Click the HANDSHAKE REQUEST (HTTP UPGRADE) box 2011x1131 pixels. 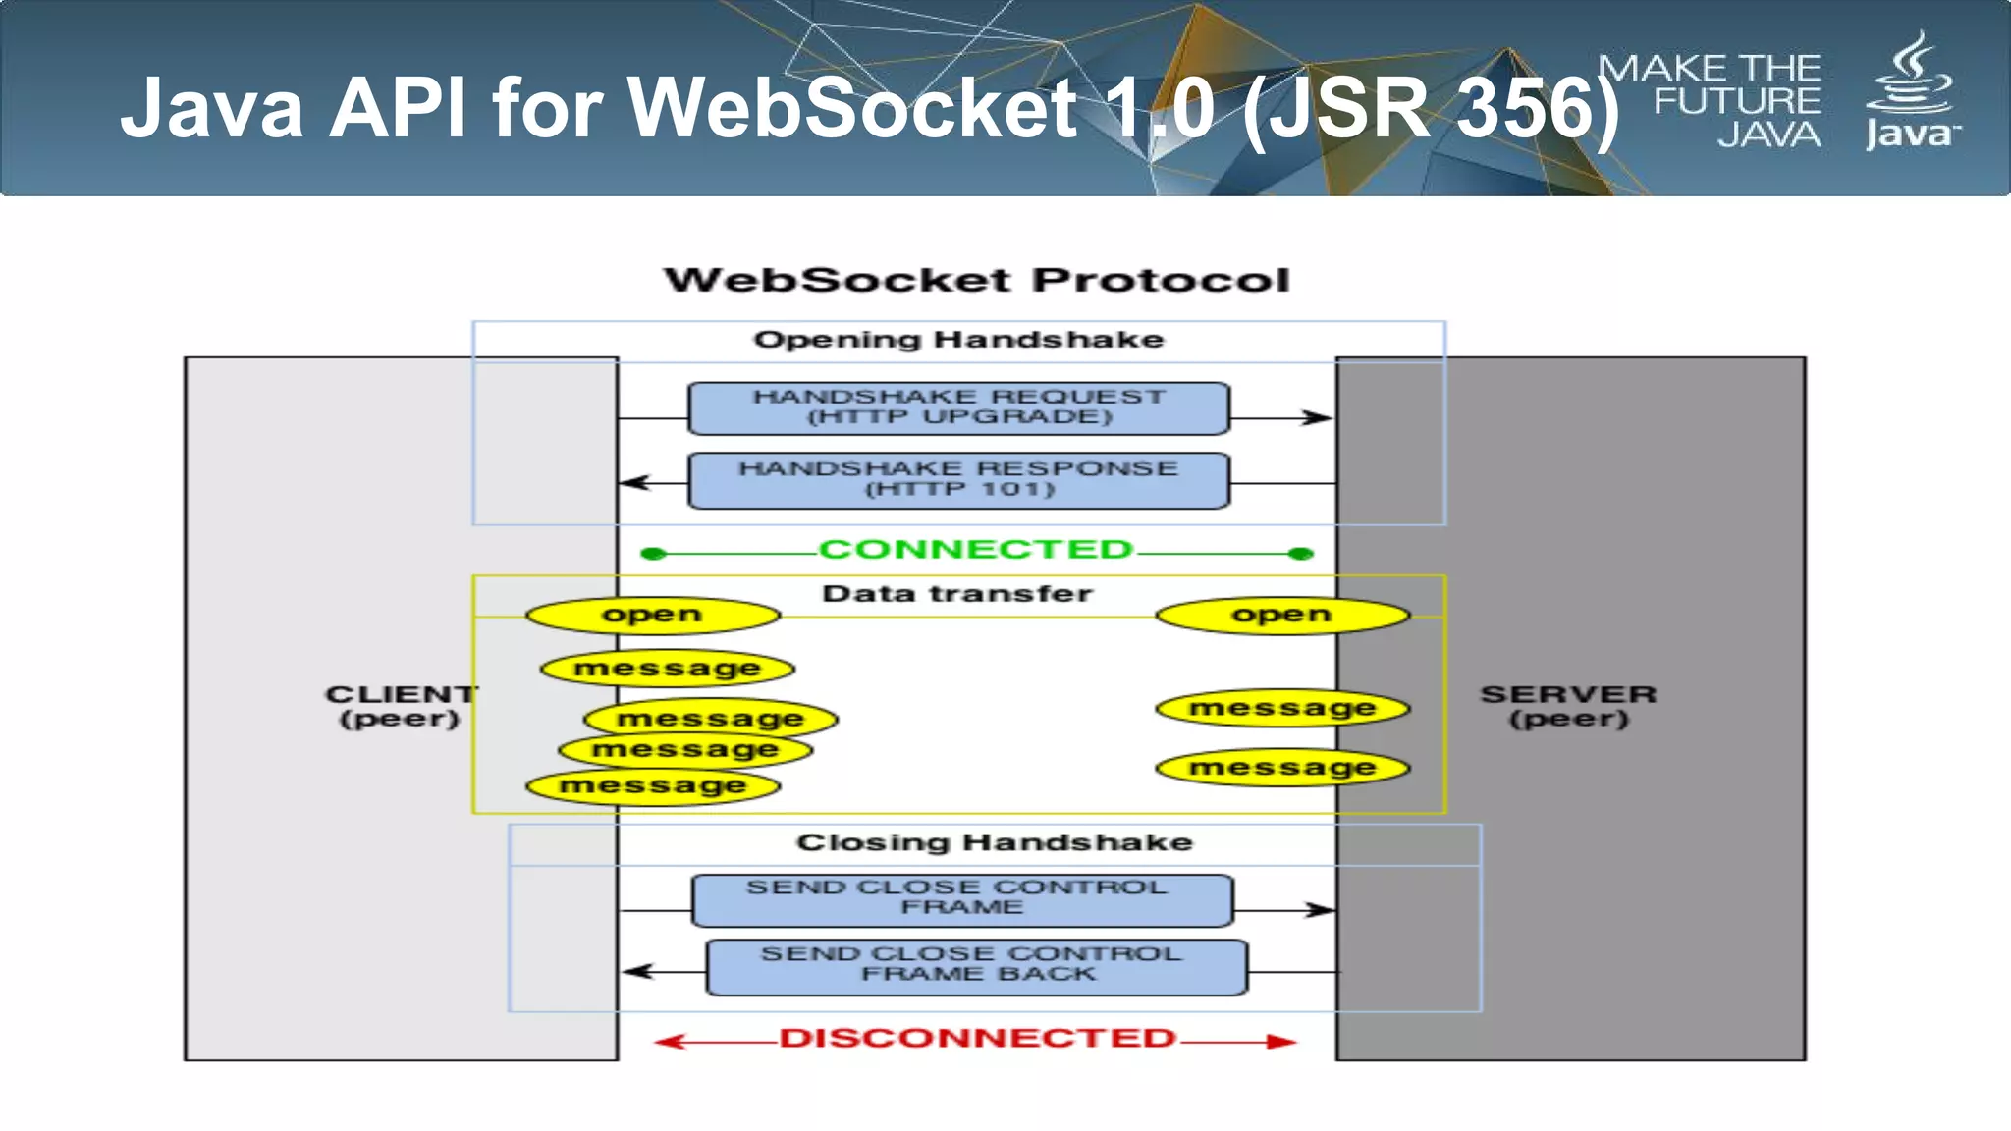coord(958,408)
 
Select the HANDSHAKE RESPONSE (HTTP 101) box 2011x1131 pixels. coord(958,480)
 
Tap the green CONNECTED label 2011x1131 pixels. coord(976,549)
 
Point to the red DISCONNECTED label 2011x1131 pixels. coord(977,1039)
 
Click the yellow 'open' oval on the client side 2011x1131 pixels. coord(653,616)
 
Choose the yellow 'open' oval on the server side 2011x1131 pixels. coord(1282,616)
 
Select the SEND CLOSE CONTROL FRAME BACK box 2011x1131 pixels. coord(977,967)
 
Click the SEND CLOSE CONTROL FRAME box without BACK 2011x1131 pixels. coord(961,899)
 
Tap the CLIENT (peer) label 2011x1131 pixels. coord(401,706)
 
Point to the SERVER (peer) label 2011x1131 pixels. coord(1568,706)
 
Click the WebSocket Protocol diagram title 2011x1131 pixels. coord(976,281)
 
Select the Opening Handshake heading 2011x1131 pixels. coord(958,340)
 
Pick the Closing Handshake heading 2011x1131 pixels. coord(994,843)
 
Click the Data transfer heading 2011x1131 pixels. coord(957,594)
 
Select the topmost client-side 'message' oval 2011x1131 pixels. coord(668,669)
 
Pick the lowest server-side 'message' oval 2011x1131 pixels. coord(1282,767)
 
